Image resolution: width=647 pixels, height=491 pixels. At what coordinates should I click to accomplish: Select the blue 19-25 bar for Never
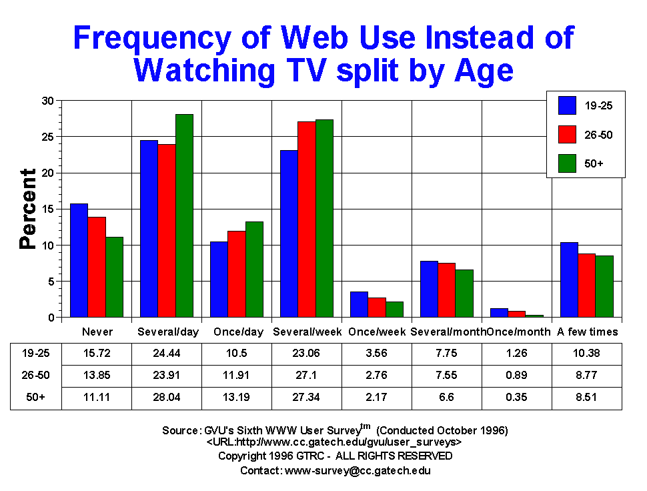coord(79,260)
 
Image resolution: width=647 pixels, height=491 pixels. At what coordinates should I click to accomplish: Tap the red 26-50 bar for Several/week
coord(307,219)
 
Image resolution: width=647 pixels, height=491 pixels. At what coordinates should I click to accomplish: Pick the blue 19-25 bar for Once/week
coord(359,304)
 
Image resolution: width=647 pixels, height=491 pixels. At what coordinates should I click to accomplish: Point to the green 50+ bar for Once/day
coord(254,270)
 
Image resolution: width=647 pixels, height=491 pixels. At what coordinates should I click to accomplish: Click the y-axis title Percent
coord(28,209)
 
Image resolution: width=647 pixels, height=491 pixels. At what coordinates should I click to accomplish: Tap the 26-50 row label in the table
coord(32,376)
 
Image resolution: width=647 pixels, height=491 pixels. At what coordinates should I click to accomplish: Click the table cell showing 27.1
coord(307,376)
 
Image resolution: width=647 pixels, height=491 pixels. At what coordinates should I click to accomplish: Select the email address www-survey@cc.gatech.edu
coord(358,470)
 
